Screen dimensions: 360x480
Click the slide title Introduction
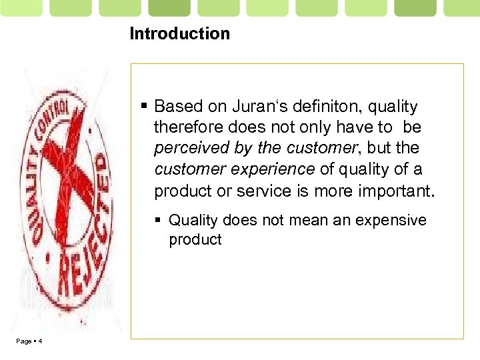pos(179,34)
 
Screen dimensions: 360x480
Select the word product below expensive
pos(195,240)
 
